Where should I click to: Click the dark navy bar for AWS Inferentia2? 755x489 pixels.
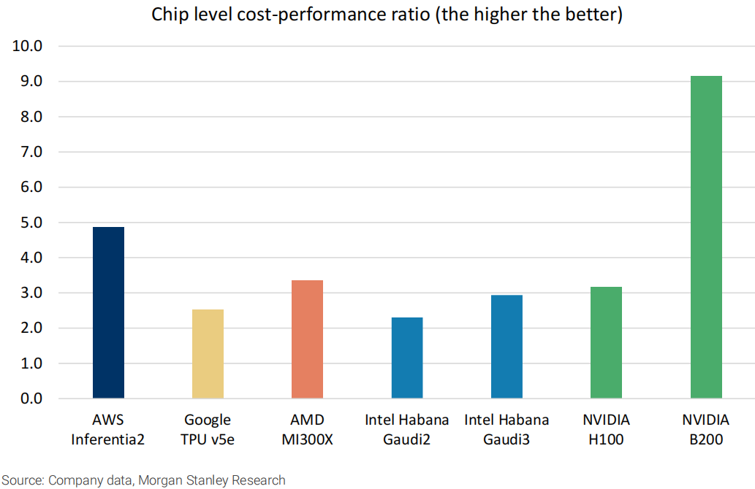pyautogui.click(x=108, y=312)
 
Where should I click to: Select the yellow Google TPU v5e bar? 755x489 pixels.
pyautogui.click(x=208, y=354)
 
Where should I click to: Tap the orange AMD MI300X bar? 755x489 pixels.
pyautogui.click(x=307, y=339)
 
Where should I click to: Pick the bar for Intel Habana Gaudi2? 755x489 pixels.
pyautogui.click(x=406, y=358)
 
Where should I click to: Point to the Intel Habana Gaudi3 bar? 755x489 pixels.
pyautogui.click(x=507, y=347)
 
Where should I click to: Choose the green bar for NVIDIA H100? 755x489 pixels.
pyautogui.click(x=606, y=342)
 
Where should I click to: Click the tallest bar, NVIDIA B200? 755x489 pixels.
pyautogui.click(x=705, y=237)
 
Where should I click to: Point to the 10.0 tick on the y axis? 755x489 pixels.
pyautogui.click(x=28, y=46)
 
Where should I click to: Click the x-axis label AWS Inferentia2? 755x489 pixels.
pyautogui.click(x=108, y=429)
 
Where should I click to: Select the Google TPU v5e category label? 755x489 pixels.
pyautogui.click(x=208, y=429)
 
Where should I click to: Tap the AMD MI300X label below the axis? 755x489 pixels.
pyautogui.click(x=307, y=429)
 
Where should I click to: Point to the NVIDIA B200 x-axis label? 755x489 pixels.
pyautogui.click(x=705, y=429)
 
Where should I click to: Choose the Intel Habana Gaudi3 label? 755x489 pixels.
pyautogui.click(x=507, y=429)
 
